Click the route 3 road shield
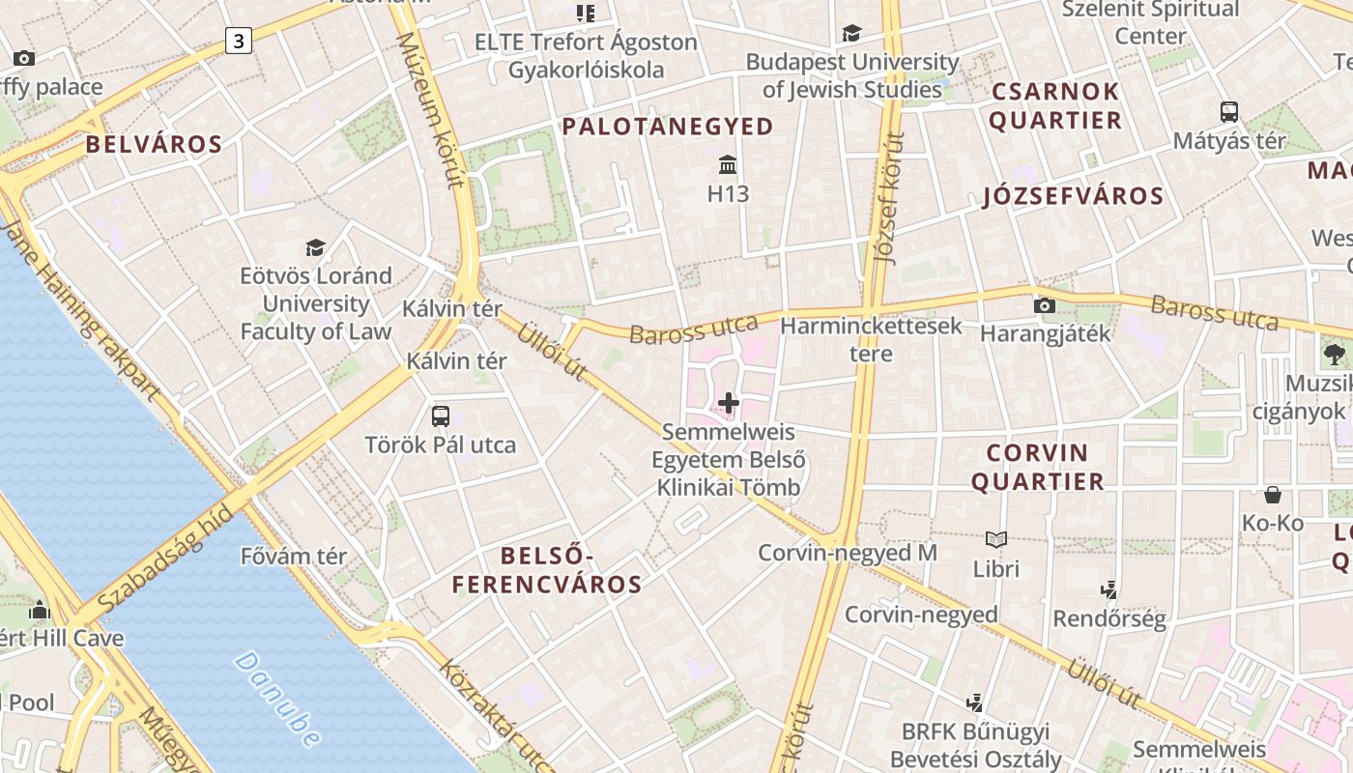click(x=239, y=41)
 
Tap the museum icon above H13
click(x=728, y=165)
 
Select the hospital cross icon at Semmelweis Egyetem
click(x=729, y=403)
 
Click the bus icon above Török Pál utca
click(x=441, y=416)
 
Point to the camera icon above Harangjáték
click(x=1044, y=305)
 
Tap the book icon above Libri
click(x=995, y=539)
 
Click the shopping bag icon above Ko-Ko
click(x=1273, y=495)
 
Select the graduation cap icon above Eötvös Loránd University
click(x=315, y=247)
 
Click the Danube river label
click(x=276, y=700)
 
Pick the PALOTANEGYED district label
click(x=669, y=127)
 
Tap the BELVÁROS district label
click(x=154, y=145)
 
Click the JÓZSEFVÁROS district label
click(x=1073, y=197)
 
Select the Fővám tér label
click(x=294, y=557)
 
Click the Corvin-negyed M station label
click(x=848, y=553)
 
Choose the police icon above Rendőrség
click(x=1109, y=589)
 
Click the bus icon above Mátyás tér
click(x=1229, y=111)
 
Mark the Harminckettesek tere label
click(x=871, y=339)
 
